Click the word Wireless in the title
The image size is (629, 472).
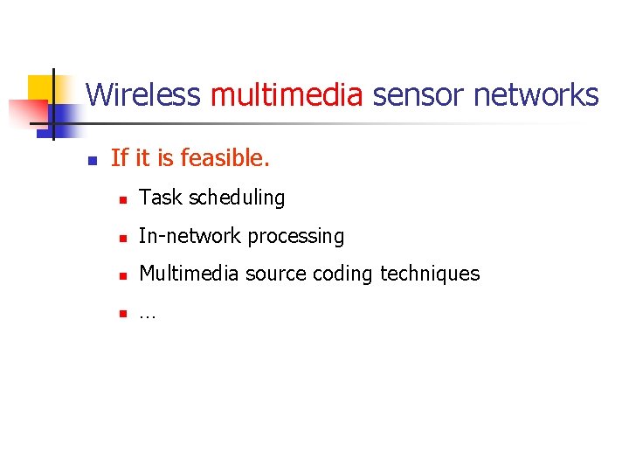[143, 94]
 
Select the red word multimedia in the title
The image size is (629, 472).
[287, 94]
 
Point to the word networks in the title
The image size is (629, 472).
[536, 94]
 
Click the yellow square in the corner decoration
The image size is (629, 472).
[40, 87]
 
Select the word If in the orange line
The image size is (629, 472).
[120, 158]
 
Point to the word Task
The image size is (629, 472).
[158, 198]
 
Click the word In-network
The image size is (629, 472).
[190, 236]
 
